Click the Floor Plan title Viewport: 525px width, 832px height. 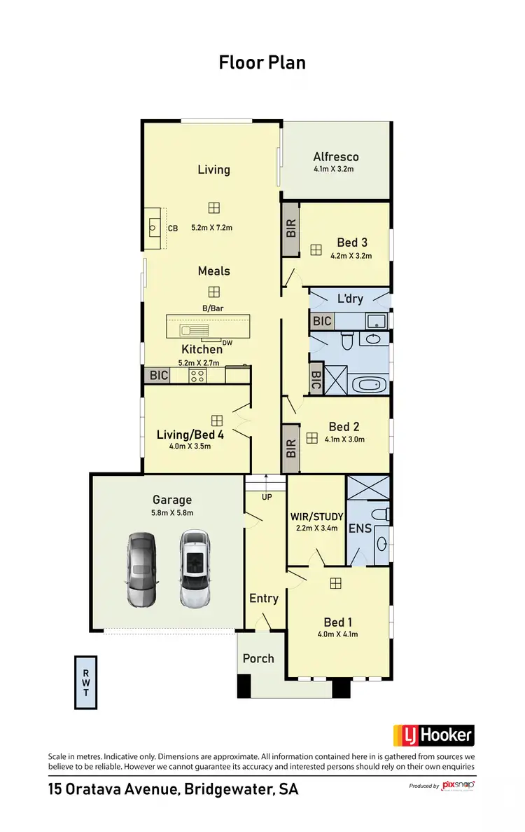click(262, 62)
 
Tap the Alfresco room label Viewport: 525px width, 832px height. click(336, 157)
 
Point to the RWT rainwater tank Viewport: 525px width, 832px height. click(85, 682)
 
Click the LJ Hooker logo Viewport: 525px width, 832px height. click(434, 735)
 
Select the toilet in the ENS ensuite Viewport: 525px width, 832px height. click(379, 514)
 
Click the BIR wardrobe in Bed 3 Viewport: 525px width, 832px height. click(291, 229)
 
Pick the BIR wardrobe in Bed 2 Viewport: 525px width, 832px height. click(291, 449)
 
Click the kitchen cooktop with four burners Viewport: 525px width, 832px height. click(198, 375)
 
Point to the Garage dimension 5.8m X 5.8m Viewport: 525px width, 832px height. click(172, 512)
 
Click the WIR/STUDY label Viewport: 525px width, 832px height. click(317, 517)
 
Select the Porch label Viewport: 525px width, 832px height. click(258, 658)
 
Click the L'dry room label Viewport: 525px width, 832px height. click(350, 299)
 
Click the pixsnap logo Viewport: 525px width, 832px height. click(458, 786)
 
